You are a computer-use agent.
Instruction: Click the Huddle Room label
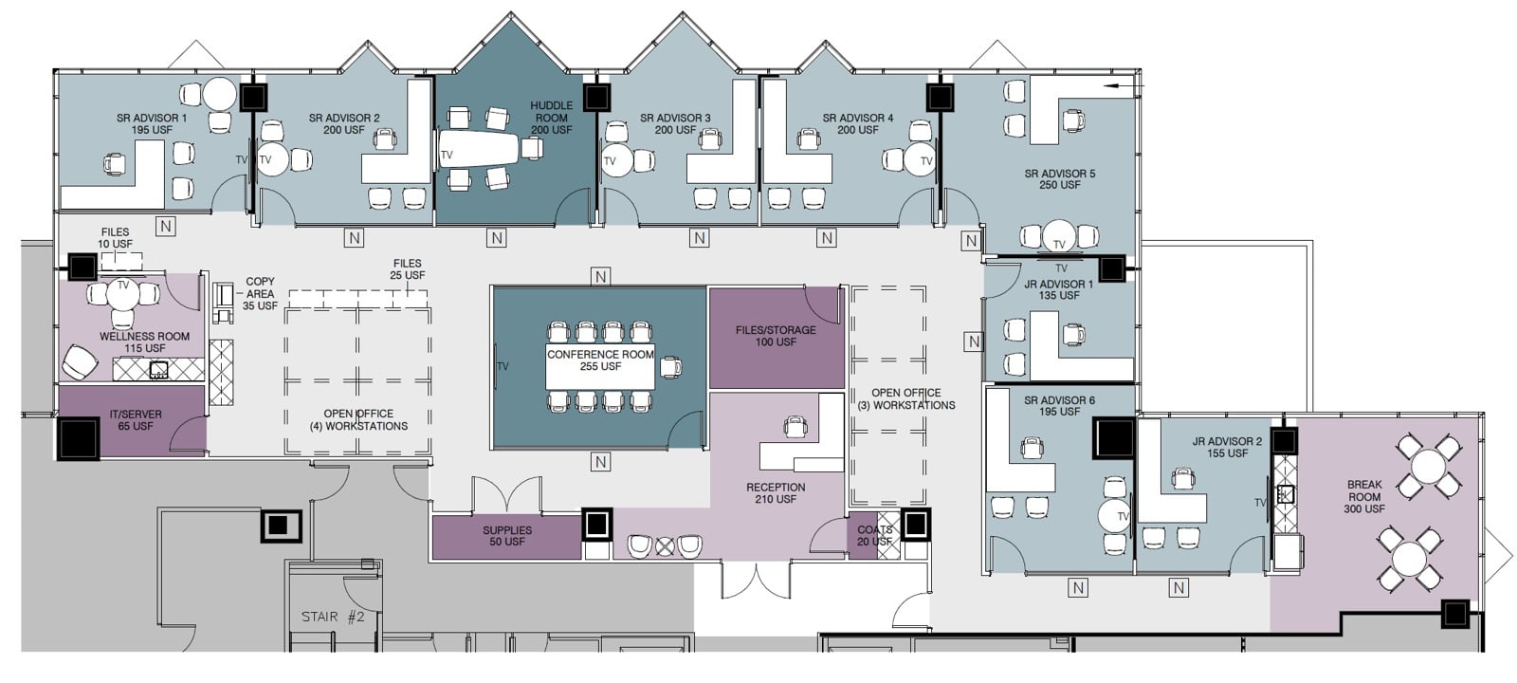click(x=551, y=118)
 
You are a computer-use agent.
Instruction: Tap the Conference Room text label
click(x=600, y=360)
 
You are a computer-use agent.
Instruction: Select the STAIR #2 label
click(x=333, y=618)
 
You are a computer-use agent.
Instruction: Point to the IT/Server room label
click(x=136, y=420)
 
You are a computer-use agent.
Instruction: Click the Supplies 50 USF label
click(x=507, y=536)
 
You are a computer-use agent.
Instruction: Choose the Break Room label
click(x=1364, y=496)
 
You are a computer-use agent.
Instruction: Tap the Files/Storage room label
click(x=776, y=336)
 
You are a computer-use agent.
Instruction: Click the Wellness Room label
click(x=144, y=342)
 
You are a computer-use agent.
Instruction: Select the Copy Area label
click(x=260, y=294)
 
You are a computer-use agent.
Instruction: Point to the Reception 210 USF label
click(x=776, y=493)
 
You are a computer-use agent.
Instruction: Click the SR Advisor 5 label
click(x=1059, y=179)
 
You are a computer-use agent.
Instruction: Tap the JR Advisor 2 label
click(x=1227, y=448)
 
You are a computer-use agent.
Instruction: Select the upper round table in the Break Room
click(x=1426, y=465)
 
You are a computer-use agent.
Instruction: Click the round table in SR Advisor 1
click(x=219, y=94)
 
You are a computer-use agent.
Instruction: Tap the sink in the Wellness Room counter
click(x=158, y=369)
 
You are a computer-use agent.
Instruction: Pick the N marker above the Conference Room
click(x=599, y=277)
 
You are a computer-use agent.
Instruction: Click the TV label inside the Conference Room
click(x=503, y=366)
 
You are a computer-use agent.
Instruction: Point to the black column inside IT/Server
click(x=79, y=438)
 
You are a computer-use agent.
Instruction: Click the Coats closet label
click(x=874, y=536)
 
